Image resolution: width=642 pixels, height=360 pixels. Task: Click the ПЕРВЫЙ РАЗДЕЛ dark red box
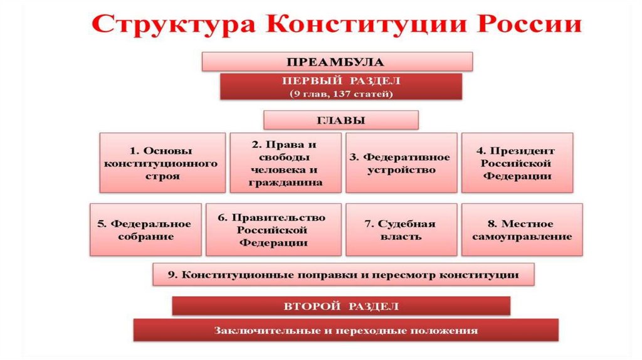pyautogui.click(x=340, y=87)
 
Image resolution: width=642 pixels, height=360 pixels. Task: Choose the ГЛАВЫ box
pyautogui.click(x=340, y=120)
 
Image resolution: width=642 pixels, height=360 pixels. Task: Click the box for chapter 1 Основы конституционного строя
pyautogui.click(x=161, y=162)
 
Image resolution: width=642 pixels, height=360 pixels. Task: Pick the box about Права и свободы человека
pyautogui.click(x=285, y=162)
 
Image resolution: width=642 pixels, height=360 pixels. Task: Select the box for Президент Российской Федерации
pyautogui.click(x=517, y=162)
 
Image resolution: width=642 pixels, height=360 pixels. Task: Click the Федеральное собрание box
pyautogui.click(x=145, y=230)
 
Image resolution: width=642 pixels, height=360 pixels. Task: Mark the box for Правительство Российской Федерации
pyautogui.click(x=273, y=230)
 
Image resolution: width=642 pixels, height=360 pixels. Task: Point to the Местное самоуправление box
pyautogui.click(x=521, y=230)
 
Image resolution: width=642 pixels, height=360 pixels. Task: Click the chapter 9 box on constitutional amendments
pyautogui.click(x=343, y=275)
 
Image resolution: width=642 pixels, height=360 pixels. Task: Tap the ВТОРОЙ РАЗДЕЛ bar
pyautogui.click(x=340, y=306)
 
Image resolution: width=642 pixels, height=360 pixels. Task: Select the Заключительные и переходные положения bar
pyautogui.click(x=345, y=330)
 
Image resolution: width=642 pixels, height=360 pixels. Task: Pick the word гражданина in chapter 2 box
pyautogui.click(x=286, y=183)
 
